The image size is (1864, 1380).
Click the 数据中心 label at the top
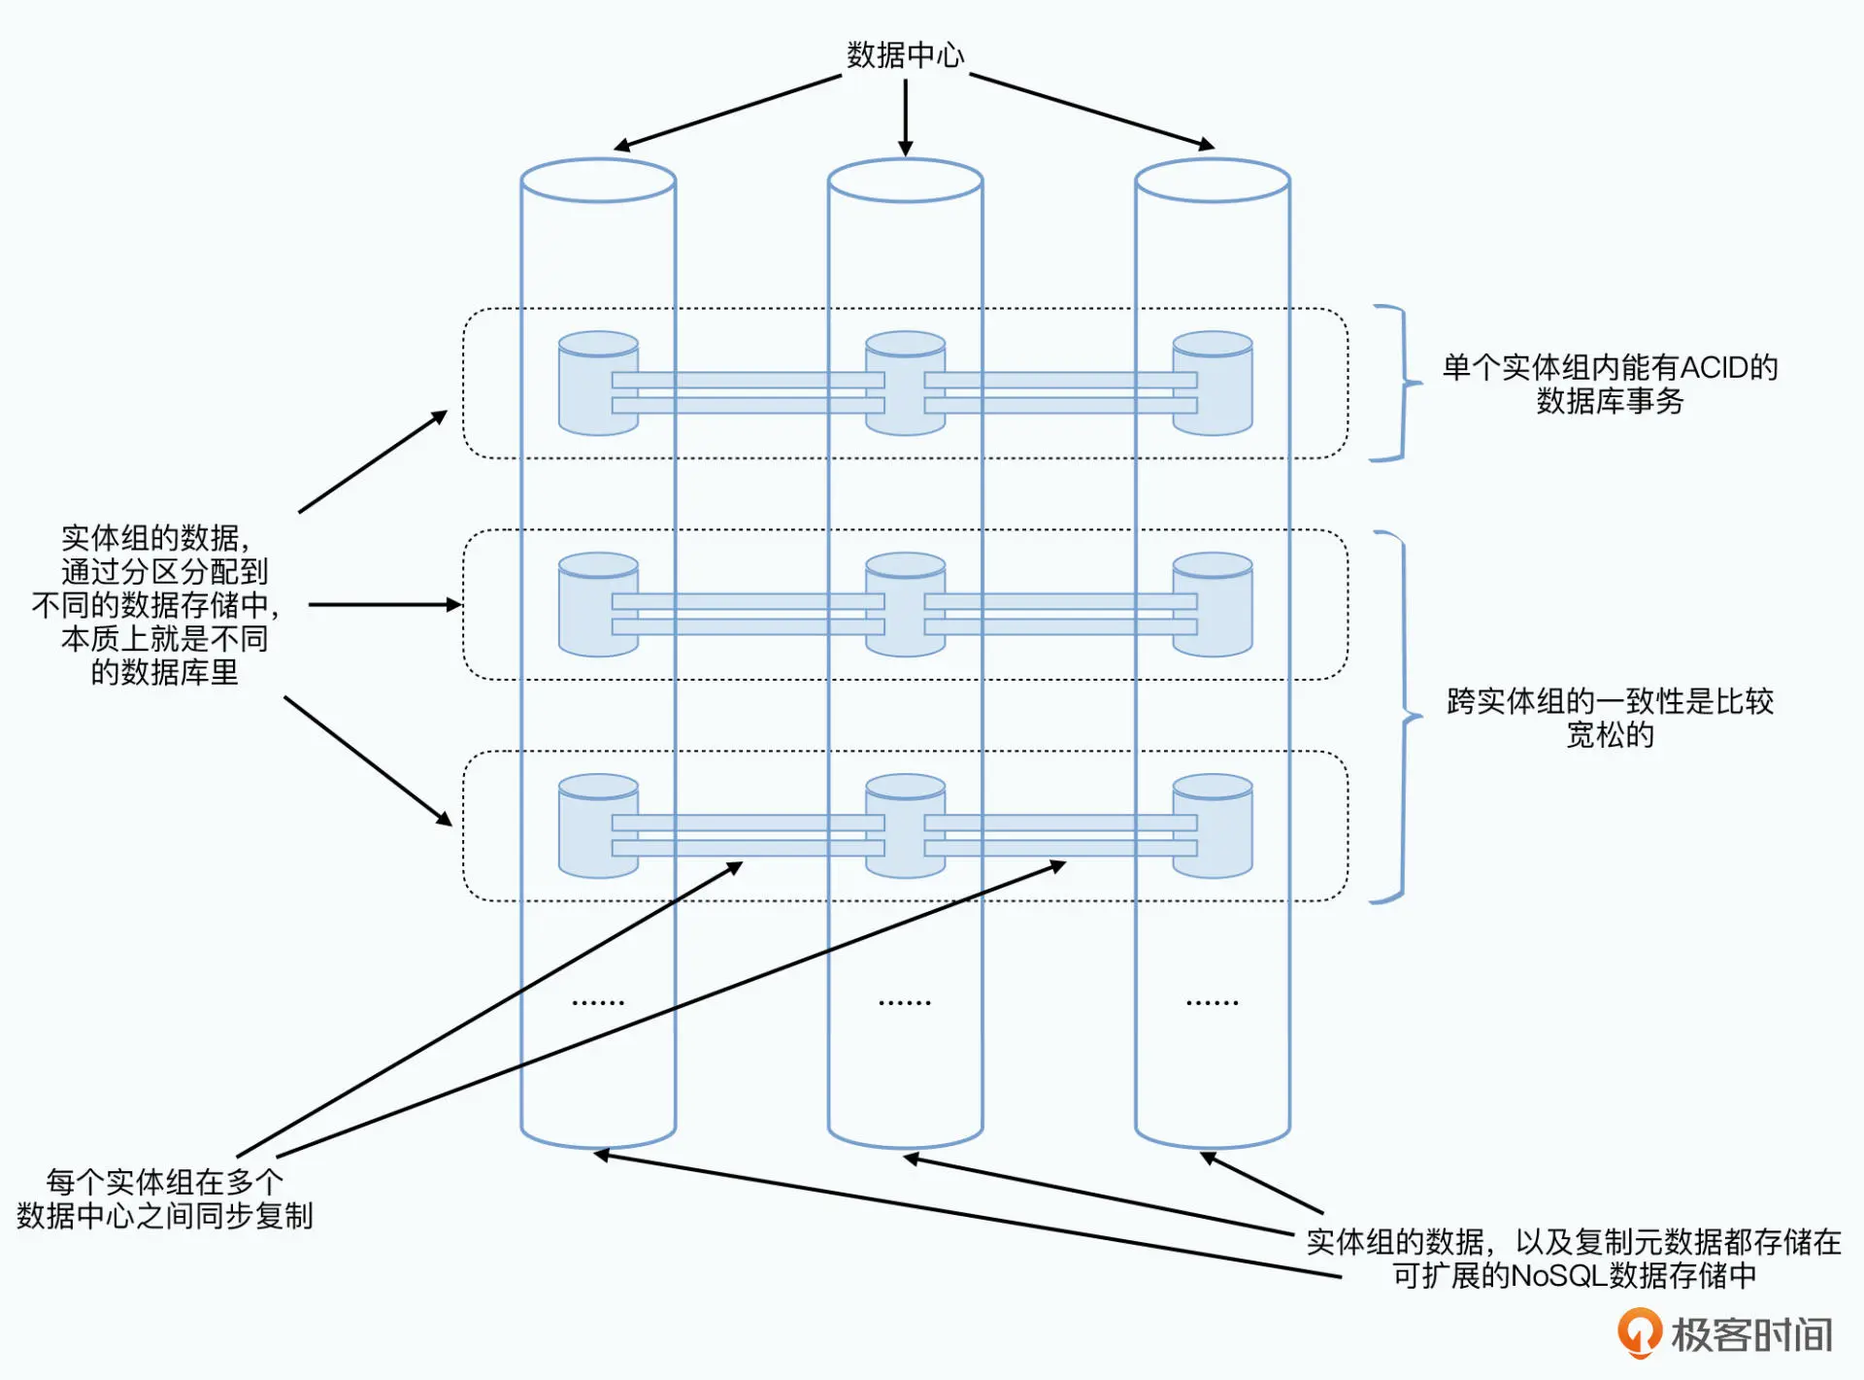point(905,55)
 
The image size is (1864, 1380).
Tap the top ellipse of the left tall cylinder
point(598,181)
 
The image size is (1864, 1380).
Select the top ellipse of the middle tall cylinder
point(905,181)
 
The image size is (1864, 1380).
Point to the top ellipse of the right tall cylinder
point(1212,181)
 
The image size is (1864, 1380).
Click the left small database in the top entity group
point(584,384)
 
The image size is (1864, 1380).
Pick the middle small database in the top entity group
point(905,384)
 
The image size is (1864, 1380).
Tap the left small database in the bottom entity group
point(584,825)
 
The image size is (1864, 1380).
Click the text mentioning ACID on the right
point(1610,384)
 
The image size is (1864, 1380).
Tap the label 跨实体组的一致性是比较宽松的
point(1610,718)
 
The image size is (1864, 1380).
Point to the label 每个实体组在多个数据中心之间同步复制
point(165,1198)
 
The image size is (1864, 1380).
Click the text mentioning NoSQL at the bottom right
point(1573,1259)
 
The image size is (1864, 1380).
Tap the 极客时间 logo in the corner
point(1723,1334)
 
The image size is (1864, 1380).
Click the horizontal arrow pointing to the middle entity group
point(383,604)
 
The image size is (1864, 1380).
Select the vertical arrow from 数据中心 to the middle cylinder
point(905,117)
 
